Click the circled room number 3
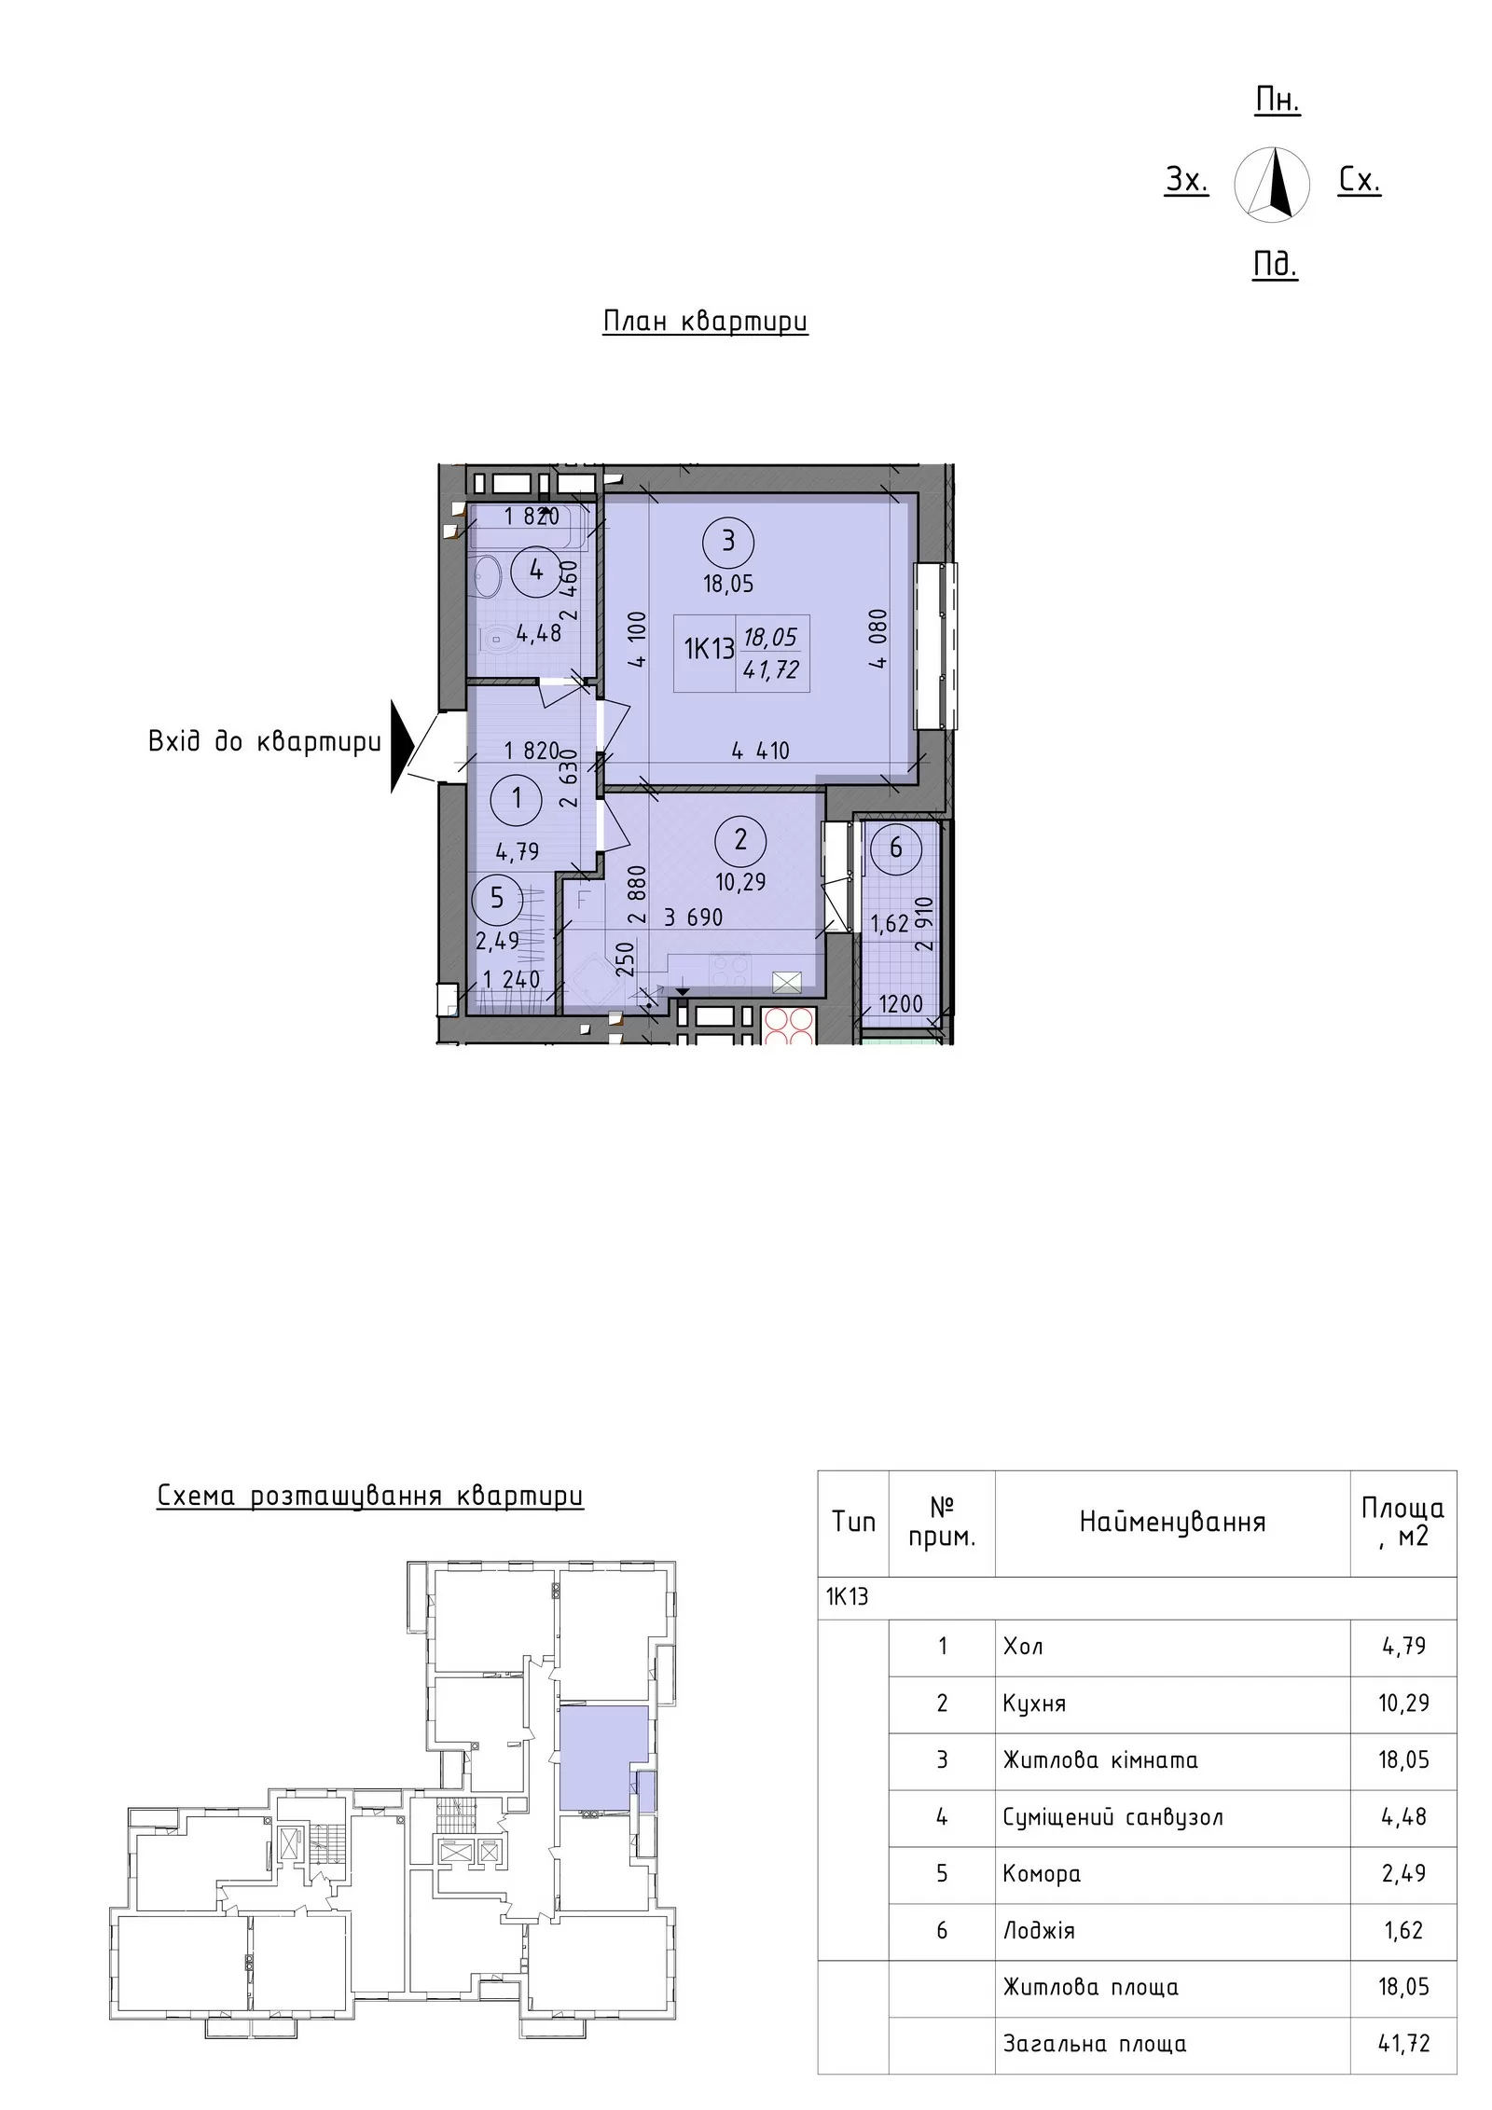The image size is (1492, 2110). [728, 541]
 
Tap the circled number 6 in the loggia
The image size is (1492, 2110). [895, 848]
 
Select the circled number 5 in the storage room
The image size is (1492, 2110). [497, 898]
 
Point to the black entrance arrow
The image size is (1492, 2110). [401, 747]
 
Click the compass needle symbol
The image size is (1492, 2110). [1271, 185]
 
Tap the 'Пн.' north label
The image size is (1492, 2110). [1277, 101]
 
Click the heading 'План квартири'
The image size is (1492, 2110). [705, 322]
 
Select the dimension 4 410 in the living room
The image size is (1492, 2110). [760, 751]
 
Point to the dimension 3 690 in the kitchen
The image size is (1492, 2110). [693, 917]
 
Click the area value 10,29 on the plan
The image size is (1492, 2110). [740, 882]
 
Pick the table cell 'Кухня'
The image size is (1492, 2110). [1034, 1703]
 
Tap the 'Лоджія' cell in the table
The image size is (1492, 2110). [1039, 1930]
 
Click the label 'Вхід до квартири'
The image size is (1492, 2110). [265, 743]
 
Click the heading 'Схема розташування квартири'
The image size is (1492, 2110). [370, 1496]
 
